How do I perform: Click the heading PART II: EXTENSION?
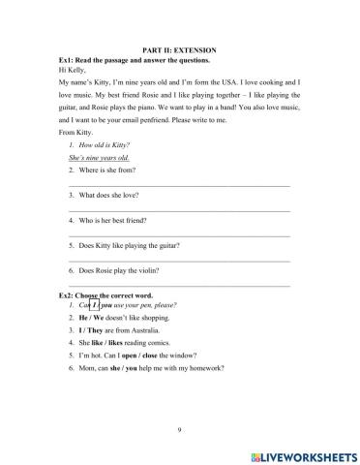[179, 49]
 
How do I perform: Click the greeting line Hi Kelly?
[73, 70]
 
